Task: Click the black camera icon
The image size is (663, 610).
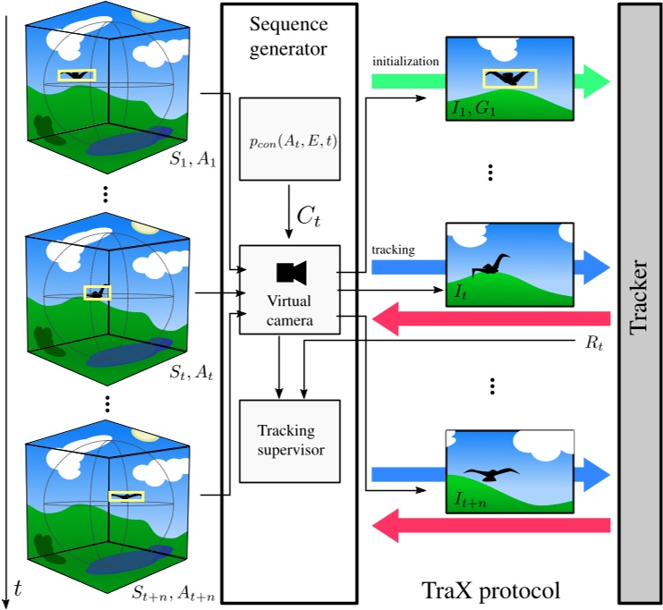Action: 291,271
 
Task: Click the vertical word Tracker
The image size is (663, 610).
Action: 638,295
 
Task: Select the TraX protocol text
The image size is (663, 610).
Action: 490,590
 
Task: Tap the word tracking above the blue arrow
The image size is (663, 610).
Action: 393,250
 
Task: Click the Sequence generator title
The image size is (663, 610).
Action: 290,33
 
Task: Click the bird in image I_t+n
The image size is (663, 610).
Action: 491,474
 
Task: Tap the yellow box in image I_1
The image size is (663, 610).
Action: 509,79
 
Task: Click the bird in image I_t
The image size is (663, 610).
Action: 490,263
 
